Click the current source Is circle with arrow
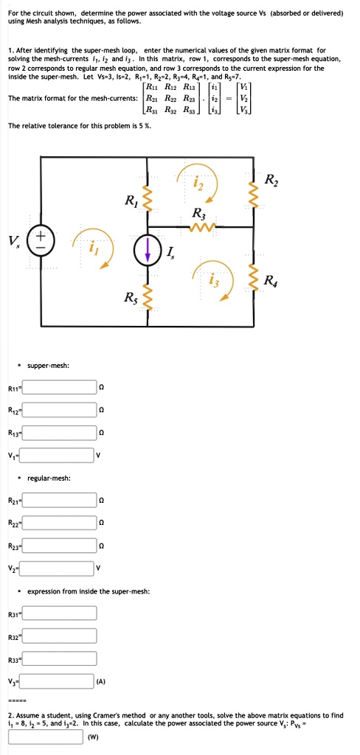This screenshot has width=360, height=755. pyautogui.click(x=146, y=249)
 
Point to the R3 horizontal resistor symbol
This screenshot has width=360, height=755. pyautogui.click(x=199, y=226)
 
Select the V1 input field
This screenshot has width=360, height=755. pyautogui.click(x=56, y=456)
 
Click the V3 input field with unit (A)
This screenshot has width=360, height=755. pyautogui.click(x=56, y=682)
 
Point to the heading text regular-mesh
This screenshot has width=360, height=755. pyautogui.click(x=49, y=479)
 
